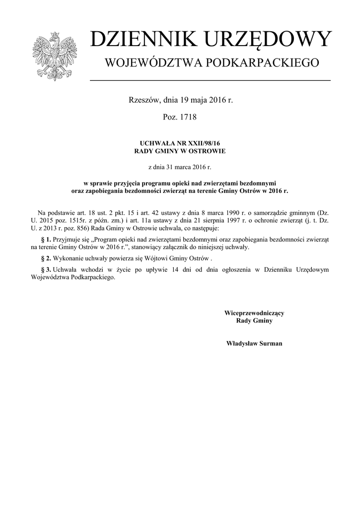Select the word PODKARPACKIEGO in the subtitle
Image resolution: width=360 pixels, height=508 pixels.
pyautogui.click(x=266, y=63)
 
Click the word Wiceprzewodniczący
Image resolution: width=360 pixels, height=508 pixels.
pyautogui.click(x=254, y=313)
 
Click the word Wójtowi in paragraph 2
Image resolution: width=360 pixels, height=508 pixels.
pyautogui.click(x=160, y=258)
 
